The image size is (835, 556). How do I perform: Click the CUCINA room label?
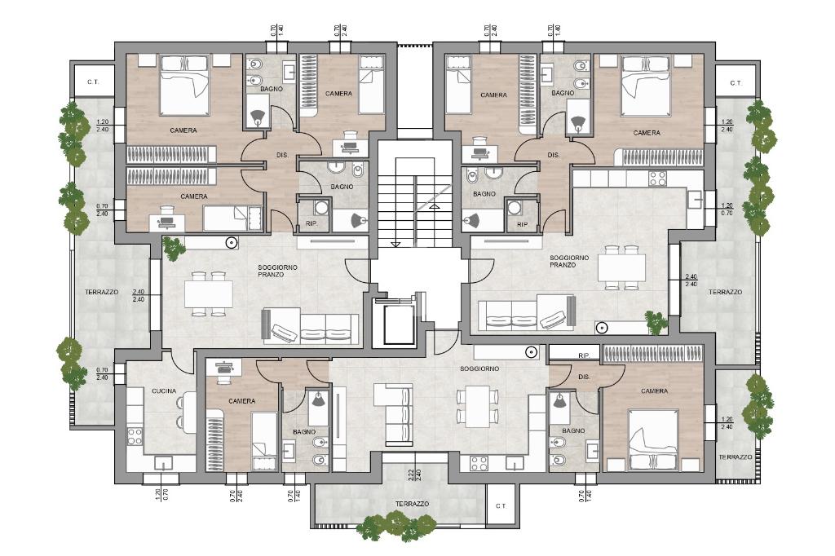pos(163,391)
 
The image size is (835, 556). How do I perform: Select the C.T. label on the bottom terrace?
pos(501,506)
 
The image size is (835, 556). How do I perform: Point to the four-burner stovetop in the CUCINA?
pos(135,437)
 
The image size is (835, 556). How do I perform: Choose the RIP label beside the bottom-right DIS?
pos(583,355)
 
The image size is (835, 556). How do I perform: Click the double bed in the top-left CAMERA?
pos(185,85)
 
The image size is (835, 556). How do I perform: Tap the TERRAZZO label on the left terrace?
pos(101,292)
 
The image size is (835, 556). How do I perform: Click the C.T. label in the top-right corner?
pos(736,83)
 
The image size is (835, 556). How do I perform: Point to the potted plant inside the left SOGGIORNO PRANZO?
pos(173,248)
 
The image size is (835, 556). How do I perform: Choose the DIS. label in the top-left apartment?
pos(282,155)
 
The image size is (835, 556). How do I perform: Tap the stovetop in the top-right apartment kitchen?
pos(657,179)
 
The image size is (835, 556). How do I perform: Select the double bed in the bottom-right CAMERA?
pos(653,440)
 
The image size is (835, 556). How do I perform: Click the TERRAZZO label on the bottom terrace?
pos(412,504)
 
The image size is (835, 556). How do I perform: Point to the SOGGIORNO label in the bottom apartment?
pos(479,368)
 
